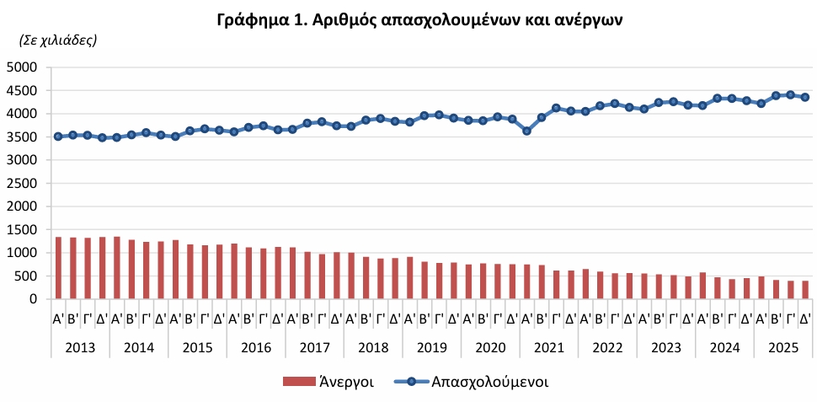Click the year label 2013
[x=80, y=346]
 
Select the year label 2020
[x=490, y=346]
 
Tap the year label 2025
[x=783, y=346]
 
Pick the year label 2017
[x=314, y=346]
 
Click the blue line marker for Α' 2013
[x=58, y=137]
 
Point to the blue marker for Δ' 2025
[x=805, y=97]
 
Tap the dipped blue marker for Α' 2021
[x=527, y=131]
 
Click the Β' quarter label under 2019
[x=425, y=319]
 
